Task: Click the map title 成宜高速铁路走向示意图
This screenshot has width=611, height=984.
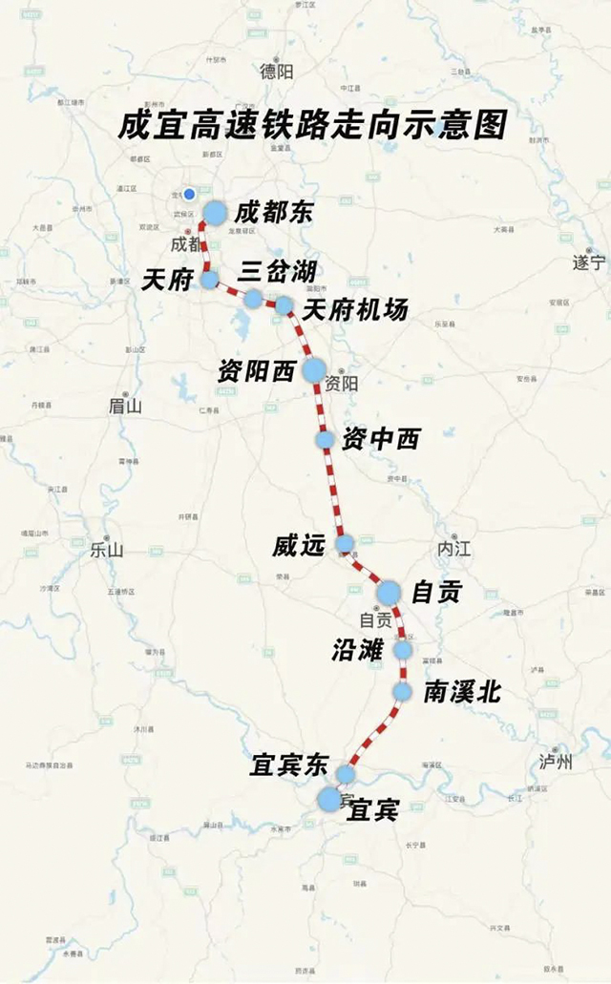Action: point(311,125)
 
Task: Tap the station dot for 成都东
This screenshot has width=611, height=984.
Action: point(215,212)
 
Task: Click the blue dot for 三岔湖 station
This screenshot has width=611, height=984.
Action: point(252,299)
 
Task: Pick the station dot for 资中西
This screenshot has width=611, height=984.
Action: point(326,439)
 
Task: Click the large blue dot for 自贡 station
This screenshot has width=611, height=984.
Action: point(389,593)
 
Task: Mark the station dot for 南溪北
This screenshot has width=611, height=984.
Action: point(402,691)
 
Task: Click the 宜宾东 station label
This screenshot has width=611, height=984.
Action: point(289,765)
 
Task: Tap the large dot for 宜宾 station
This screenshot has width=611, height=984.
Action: point(329,799)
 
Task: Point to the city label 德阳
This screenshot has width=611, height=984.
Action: point(278,70)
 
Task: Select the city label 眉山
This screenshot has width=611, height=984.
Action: point(124,406)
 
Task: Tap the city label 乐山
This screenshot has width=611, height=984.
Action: point(107,550)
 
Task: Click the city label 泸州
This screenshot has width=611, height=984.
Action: point(556,761)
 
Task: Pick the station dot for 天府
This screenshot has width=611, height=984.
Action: point(209,279)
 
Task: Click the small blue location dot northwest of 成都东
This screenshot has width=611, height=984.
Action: point(189,193)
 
